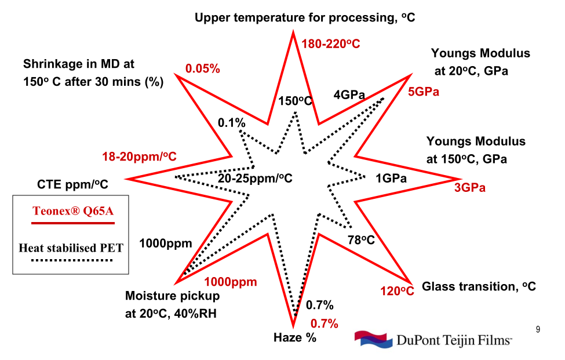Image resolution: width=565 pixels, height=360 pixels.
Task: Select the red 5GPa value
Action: (424, 92)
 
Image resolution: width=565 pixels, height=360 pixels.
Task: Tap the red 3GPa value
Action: (469, 187)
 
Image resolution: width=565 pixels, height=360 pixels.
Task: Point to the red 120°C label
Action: (397, 290)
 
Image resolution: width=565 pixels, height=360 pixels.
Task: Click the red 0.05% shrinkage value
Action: (203, 69)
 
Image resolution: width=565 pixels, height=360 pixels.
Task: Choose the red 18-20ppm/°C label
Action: (139, 157)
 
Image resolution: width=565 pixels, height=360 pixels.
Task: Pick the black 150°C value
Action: (295, 101)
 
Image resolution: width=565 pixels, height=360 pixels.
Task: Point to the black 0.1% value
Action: (232, 123)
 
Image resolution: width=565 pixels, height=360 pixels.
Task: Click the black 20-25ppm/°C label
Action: (255, 178)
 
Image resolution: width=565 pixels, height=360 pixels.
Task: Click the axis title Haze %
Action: (295, 338)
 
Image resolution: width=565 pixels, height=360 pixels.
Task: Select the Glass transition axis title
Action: (479, 286)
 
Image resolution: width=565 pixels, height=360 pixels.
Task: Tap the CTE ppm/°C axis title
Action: (73, 184)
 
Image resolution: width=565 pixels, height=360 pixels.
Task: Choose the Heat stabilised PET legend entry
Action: (71, 248)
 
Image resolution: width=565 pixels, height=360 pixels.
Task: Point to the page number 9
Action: (538, 330)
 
